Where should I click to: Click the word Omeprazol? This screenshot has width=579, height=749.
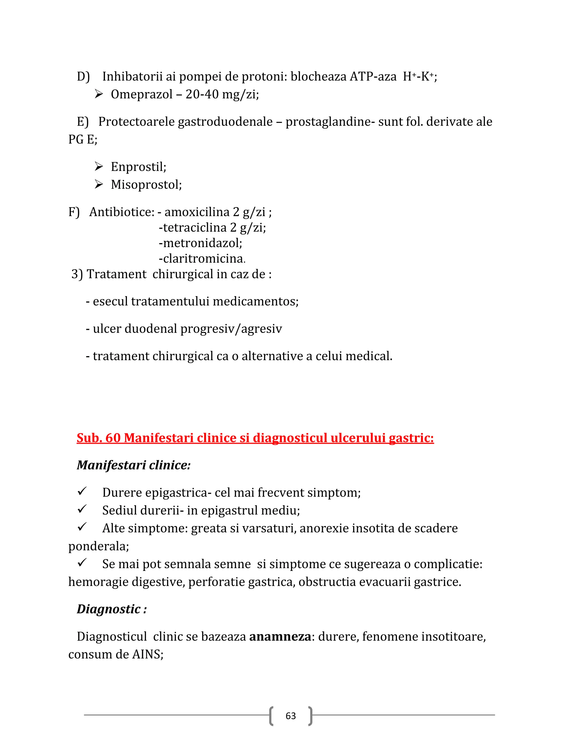pyautogui.click(x=141, y=94)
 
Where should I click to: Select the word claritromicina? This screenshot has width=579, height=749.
pyautogui.click(x=203, y=258)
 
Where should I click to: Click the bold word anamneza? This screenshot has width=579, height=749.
pyautogui.click(x=280, y=637)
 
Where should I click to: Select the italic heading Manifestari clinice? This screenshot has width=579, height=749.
pyautogui.click(x=133, y=466)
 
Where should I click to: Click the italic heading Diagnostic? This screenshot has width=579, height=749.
pyautogui.click(x=109, y=609)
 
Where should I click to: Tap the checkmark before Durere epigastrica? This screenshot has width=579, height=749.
pyautogui.click(x=82, y=491)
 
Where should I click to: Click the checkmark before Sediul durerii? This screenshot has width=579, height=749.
pyautogui.click(x=82, y=509)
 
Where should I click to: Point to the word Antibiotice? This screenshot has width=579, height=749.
pyautogui.click(x=121, y=212)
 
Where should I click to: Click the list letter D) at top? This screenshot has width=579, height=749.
pyautogui.click(x=83, y=77)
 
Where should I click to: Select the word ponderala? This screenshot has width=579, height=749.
pyautogui.click(x=98, y=546)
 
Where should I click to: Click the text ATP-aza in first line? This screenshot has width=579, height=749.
pyautogui.click(x=373, y=77)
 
